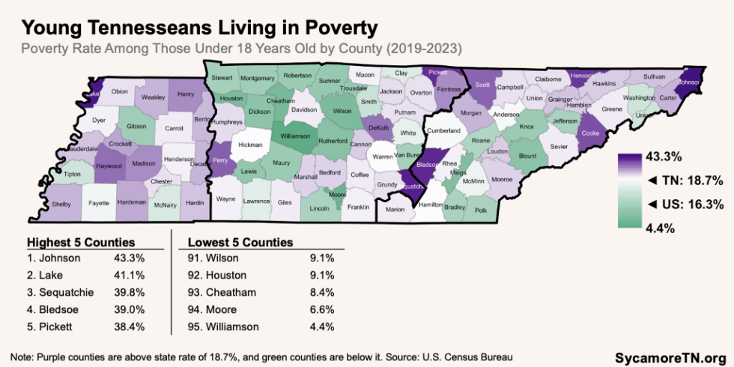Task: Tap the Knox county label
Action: coord(527,127)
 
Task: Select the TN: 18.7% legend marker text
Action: coord(682,181)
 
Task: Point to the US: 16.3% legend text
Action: coord(682,204)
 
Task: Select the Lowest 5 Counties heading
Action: coord(240,243)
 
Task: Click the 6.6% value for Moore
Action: coord(321,309)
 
